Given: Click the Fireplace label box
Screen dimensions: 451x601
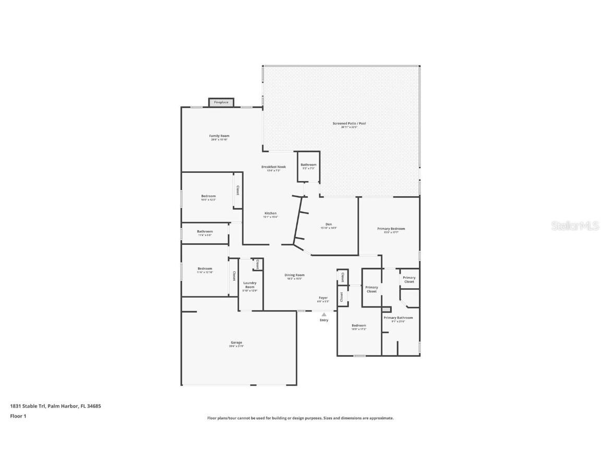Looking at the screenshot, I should click(221, 102).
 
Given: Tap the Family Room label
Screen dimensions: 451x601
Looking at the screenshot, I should click(219, 136).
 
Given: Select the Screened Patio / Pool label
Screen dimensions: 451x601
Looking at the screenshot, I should click(349, 124).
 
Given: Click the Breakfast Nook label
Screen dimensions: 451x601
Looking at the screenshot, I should click(273, 167).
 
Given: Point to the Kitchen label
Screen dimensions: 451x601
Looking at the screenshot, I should click(270, 213).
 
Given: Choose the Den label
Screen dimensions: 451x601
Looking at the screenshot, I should click(329, 224).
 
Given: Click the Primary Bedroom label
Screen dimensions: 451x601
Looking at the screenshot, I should click(391, 229).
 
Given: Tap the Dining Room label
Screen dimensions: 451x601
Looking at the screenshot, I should click(295, 275).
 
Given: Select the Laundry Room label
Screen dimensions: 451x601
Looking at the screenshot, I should click(250, 285).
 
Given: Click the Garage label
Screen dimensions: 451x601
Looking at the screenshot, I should click(236, 343).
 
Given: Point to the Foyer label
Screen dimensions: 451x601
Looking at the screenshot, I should click(323, 298).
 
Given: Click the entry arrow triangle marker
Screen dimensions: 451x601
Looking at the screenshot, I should click(324, 314).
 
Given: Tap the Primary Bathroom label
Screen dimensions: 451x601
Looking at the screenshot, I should click(398, 318).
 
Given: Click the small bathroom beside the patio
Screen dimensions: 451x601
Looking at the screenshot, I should click(308, 166).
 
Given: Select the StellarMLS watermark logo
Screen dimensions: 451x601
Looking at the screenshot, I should click(573, 225).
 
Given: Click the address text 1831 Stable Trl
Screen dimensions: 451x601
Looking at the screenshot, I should click(28, 406).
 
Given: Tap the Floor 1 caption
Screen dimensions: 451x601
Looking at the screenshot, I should click(18, 416).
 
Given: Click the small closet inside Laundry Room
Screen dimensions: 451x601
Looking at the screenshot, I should click(257, 264).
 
